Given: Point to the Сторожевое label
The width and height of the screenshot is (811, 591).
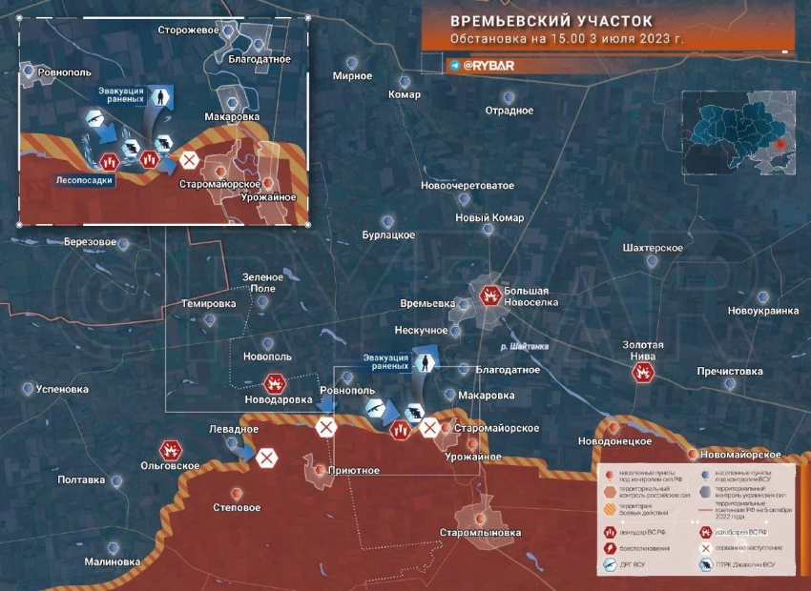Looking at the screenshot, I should (x=189, y=31).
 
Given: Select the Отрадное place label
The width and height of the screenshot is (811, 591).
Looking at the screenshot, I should (x=509, y=111).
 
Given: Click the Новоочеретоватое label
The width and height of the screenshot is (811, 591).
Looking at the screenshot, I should (x=468, y=185).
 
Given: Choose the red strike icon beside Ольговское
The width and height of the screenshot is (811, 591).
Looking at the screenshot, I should (x=172, y=449).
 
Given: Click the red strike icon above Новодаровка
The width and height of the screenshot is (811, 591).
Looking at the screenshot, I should (x=275, y=384).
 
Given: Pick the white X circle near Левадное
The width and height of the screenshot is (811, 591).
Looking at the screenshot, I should (x=267, y=459).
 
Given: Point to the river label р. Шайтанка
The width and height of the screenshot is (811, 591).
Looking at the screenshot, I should (x=524, y=347).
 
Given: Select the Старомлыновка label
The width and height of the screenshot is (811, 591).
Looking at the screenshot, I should (x=481, y=532).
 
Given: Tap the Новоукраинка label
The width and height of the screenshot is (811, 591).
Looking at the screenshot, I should (x=762, y=312).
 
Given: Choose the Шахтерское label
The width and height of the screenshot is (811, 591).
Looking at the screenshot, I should (x=652, y=248).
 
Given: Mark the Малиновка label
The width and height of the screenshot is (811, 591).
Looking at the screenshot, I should (x=112, y=562).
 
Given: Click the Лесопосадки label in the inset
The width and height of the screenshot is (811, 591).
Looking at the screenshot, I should (x=85, y=179).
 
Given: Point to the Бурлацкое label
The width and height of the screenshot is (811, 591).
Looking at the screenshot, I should (x=388, y=234).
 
